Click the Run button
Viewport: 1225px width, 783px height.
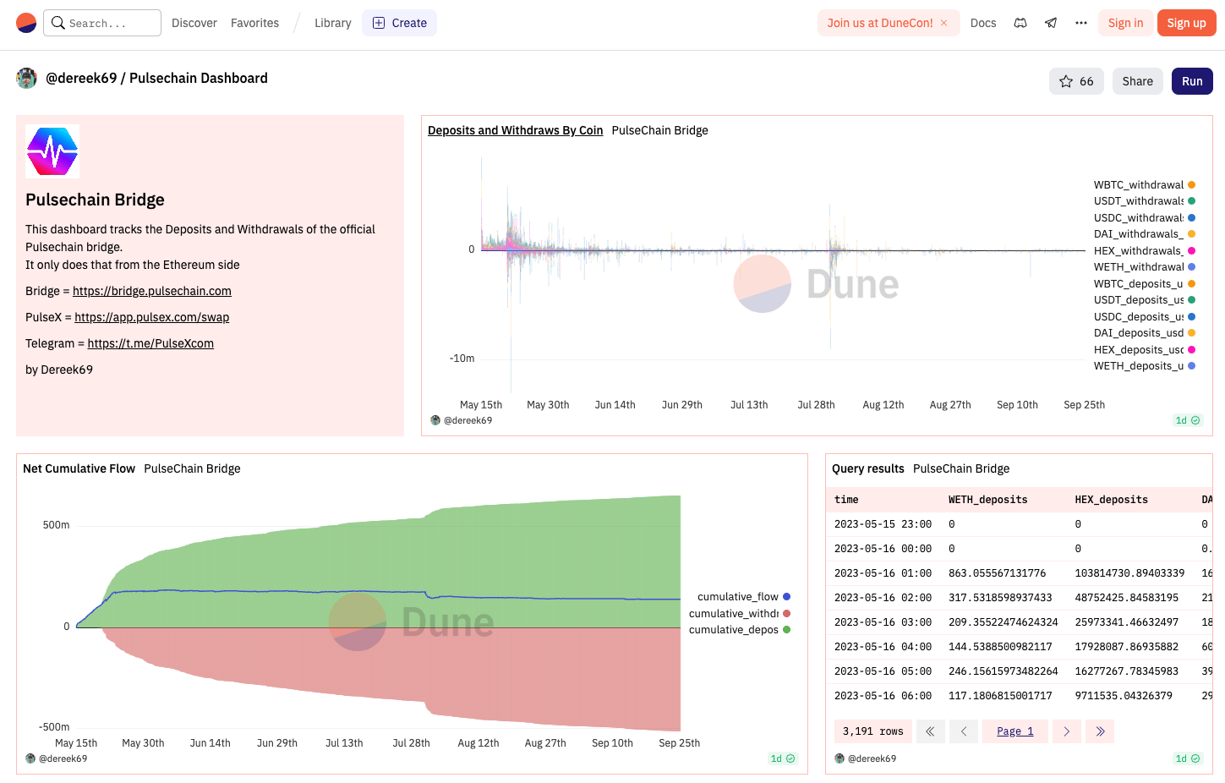[x=1191, y=81]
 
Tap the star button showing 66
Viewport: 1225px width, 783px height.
[x=1075, y=81]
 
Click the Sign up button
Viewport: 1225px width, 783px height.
[x=1186, y=23]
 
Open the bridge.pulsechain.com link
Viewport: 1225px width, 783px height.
[x=151, y=291]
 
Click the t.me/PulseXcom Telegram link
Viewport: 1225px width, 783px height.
[x=150, y=343]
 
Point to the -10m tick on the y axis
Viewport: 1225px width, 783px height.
[x=462, y=359]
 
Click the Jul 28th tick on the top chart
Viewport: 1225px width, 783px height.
[x=816, y=405]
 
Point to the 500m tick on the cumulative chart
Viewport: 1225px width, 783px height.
[x=56, y=525]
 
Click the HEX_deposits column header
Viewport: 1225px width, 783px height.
[x=1111, y=500]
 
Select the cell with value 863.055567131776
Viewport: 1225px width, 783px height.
[x=997, y=573]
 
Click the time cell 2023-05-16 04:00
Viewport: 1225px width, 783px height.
[x=883, y=647]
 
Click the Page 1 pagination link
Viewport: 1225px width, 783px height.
[x=1014, y=731]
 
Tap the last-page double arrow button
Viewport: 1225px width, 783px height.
[x=1100, y=731]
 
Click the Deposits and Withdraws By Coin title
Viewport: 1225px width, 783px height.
[x=515, y=130]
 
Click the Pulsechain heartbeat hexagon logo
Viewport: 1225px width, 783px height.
[x=52, y=151]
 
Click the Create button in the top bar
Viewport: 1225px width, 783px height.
[x=399, y=23]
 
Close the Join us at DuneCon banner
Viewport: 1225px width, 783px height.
[x=944, y=23]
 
